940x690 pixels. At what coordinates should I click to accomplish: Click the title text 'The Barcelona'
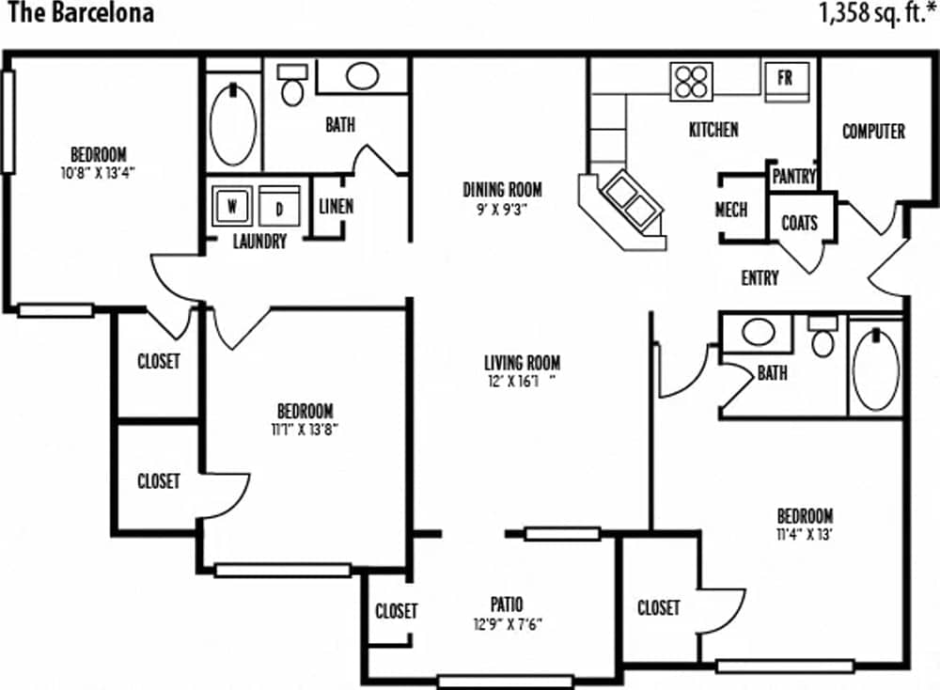pos(78,14)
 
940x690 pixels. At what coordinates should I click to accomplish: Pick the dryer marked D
pos(279,205)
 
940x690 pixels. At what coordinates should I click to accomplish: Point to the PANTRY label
pos(793,177)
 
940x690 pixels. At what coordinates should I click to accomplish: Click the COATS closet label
pos(799,224)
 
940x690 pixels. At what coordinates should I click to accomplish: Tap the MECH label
pos(731,210)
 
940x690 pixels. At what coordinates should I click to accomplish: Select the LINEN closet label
pos(336,206)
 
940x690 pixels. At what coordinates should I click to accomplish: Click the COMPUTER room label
pos(873,132)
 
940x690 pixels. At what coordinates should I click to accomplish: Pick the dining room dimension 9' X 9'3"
pos(502,210)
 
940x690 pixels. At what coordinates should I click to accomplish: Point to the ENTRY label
pos(760,278)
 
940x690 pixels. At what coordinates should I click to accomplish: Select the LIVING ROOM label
pos(522,362)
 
